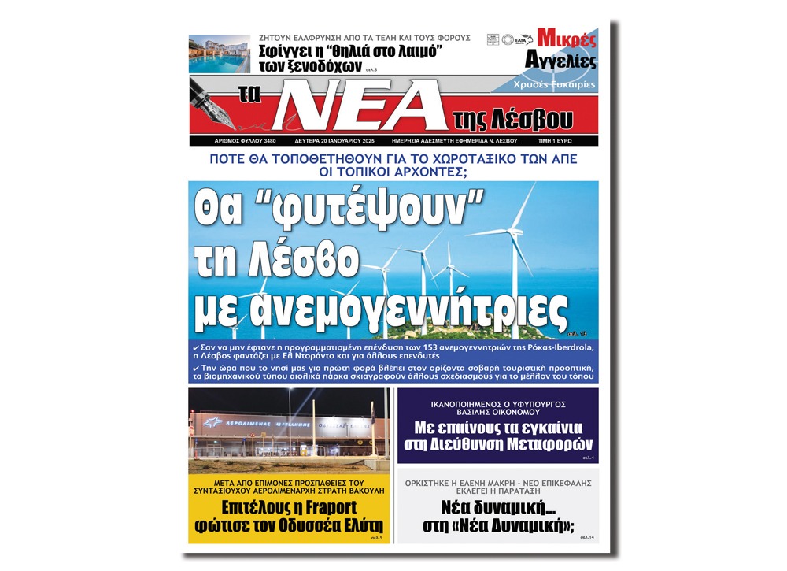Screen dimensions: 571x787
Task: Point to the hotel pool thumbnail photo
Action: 219,54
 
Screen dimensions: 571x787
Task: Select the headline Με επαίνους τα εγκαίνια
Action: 497,428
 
